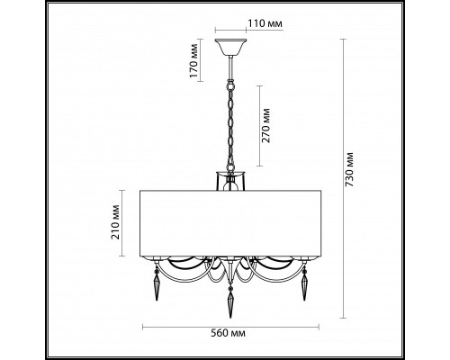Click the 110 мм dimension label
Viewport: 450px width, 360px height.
[x=265, y=23]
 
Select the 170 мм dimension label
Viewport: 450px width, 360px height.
[x=194, y=60]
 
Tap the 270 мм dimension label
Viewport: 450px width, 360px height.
[x=265, y=126]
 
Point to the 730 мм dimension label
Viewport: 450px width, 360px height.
[x=349, y=169]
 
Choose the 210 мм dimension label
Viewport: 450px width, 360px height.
[x=115, y=222]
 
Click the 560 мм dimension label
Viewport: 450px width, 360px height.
[x=228, y=333]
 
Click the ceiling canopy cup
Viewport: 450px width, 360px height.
[x=230, y=47]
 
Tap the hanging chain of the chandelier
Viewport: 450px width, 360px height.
[x=230, y=126]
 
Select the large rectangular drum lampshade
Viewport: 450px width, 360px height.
[x=230, y=223]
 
